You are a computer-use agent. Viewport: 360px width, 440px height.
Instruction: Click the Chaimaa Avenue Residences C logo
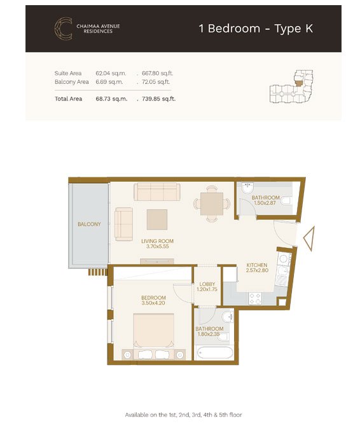coord(64,29)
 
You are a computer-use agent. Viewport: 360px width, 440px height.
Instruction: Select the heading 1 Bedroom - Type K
coord(256,29)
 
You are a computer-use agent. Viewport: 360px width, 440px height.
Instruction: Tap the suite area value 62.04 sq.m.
coord(111,73)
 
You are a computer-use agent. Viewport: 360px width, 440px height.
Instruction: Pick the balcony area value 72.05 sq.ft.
coord(156,82)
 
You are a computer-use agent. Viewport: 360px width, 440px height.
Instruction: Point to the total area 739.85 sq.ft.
coord(158,99)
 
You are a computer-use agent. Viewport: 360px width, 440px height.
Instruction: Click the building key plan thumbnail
coord(291,86)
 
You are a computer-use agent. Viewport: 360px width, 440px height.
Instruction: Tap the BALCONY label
coord(89,224)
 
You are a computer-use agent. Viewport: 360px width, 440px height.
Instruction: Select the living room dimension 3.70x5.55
coord(157,246)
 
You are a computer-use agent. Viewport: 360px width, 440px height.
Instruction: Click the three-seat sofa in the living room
coord(157,191)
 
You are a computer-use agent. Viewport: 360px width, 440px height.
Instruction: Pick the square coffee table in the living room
coord(157,219)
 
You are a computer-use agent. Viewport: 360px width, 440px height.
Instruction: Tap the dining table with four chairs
coord(212,203)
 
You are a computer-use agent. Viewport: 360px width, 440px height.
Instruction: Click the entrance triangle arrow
coord(309,238)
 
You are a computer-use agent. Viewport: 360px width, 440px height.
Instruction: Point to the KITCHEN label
coord(257,265)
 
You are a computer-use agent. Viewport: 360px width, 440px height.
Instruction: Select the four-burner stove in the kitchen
coord(255,298)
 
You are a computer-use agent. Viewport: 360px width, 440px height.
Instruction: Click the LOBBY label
coord(207,284)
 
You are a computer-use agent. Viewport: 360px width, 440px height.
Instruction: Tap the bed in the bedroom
coord(153,336)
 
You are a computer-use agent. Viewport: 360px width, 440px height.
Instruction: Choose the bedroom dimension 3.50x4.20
coord(153,303)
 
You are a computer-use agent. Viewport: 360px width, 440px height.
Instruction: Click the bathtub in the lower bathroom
coord(215,353)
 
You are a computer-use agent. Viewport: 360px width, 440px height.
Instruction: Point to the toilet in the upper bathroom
coord(286,201)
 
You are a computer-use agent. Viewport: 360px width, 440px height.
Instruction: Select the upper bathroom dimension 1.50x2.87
coord(265,203)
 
